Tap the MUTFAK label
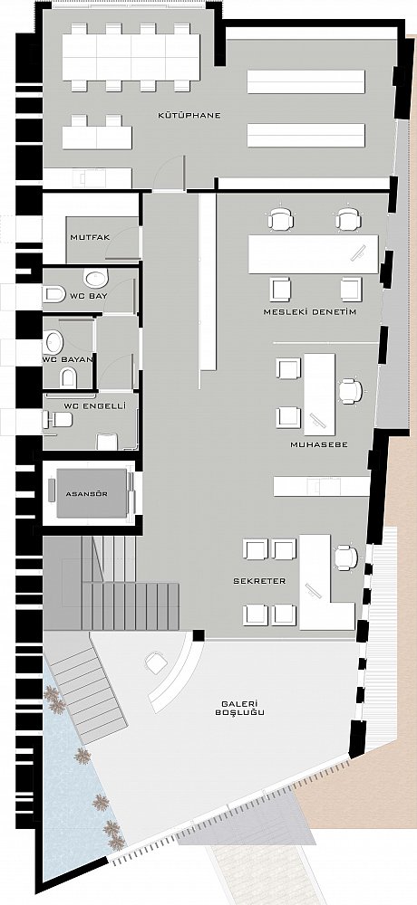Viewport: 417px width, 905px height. point(90,237)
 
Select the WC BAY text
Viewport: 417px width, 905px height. point(90,297)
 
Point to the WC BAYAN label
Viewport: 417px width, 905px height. point(68,359)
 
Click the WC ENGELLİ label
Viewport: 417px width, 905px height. point(92,406)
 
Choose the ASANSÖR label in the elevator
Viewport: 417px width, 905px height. point(87,494)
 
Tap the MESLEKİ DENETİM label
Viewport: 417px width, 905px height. point(309,312)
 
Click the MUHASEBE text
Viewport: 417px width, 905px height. point(319,445)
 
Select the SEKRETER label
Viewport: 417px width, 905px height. point(259,581)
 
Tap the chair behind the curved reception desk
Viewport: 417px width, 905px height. point(156,662)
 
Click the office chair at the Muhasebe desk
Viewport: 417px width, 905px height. point(350,391)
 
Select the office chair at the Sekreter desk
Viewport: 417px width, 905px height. point(346,557)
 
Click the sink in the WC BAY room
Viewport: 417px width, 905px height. point(95,278)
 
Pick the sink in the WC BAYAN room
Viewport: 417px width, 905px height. point(53,342)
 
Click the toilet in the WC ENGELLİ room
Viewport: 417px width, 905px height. point(57,420)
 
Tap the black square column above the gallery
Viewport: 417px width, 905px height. point(199,635)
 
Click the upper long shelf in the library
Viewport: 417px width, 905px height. point(306,82)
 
